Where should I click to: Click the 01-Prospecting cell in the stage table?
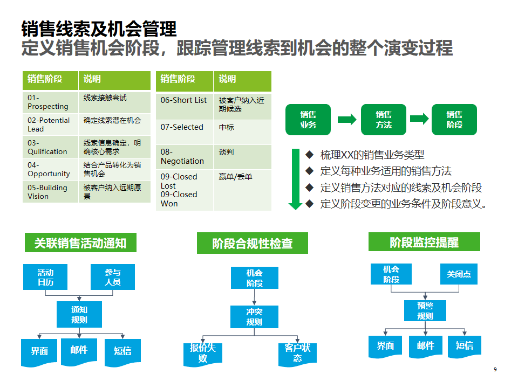click(x=50, y=102)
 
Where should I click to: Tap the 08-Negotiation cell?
click(x=184, y=156)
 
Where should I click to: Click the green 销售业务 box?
click(x=308, y=120)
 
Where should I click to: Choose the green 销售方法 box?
click(x=384, y=120)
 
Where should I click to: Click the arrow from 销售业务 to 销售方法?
click(x=347, y=120)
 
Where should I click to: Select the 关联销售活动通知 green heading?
click(x=80, y=242)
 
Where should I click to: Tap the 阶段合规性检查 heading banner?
click(x=253, y=243)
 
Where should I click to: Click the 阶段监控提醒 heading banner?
click(x=424, y=242)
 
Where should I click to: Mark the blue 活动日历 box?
click(x=45, y=277)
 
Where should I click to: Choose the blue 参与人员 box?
click(x=113, y=277)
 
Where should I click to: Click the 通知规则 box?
click(x=79, y=315)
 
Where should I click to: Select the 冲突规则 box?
click(x=254, y=317)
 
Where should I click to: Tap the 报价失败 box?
click(x=203, y=353)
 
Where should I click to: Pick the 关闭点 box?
click(x=459, y=274)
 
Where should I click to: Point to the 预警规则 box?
click(x=425, y=310)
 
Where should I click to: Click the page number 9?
click(x=495, y=369)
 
